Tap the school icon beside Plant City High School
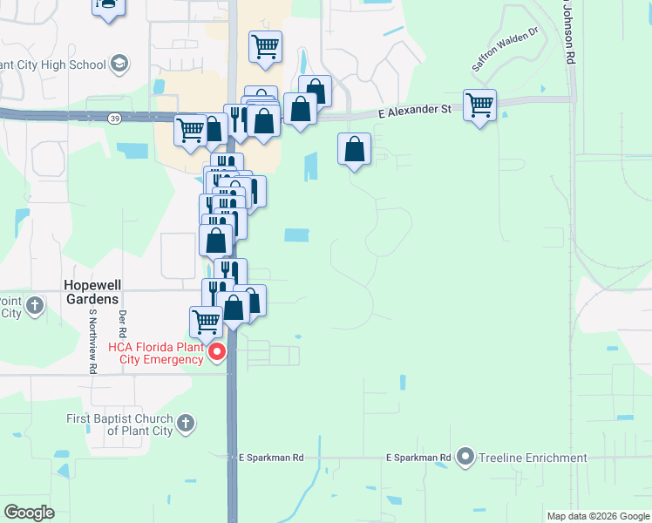point(119,64)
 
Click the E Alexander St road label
point(414,111)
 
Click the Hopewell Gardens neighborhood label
point(91,292)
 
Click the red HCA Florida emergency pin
point(218,352)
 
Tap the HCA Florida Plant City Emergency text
point(157,353)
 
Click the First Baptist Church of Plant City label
point(119,425)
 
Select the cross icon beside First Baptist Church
point(185,425)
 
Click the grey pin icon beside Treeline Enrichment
point(465,457)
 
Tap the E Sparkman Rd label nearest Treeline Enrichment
point(418,458)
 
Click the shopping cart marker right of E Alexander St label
point(479,106)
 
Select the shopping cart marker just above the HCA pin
point(206,322)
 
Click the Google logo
point(30,513)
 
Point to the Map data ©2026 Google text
point(598,516)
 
